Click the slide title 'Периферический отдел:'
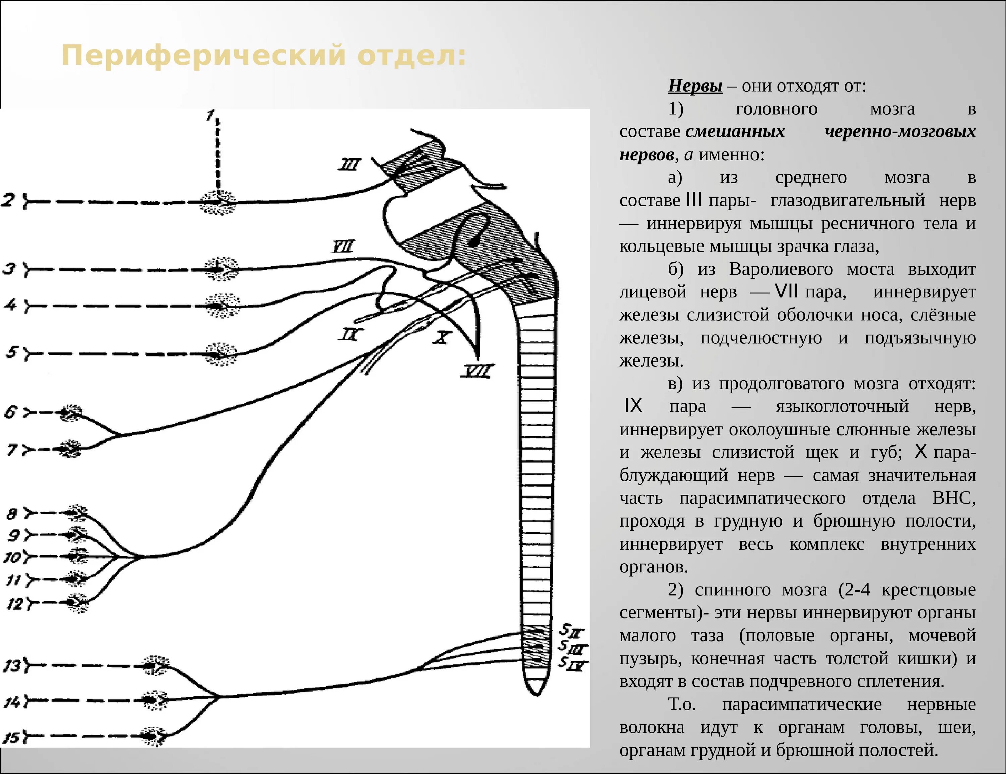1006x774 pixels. coord(264,55)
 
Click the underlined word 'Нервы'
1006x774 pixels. coord(694,86)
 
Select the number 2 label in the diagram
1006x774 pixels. coord(9,201)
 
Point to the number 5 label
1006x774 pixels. coord(11,353)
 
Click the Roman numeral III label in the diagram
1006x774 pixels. coord(350,164)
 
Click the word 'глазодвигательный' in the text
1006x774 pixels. coord(847,201)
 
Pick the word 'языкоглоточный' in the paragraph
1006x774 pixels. coord(842,406)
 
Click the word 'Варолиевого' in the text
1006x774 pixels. coord(780,269)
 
